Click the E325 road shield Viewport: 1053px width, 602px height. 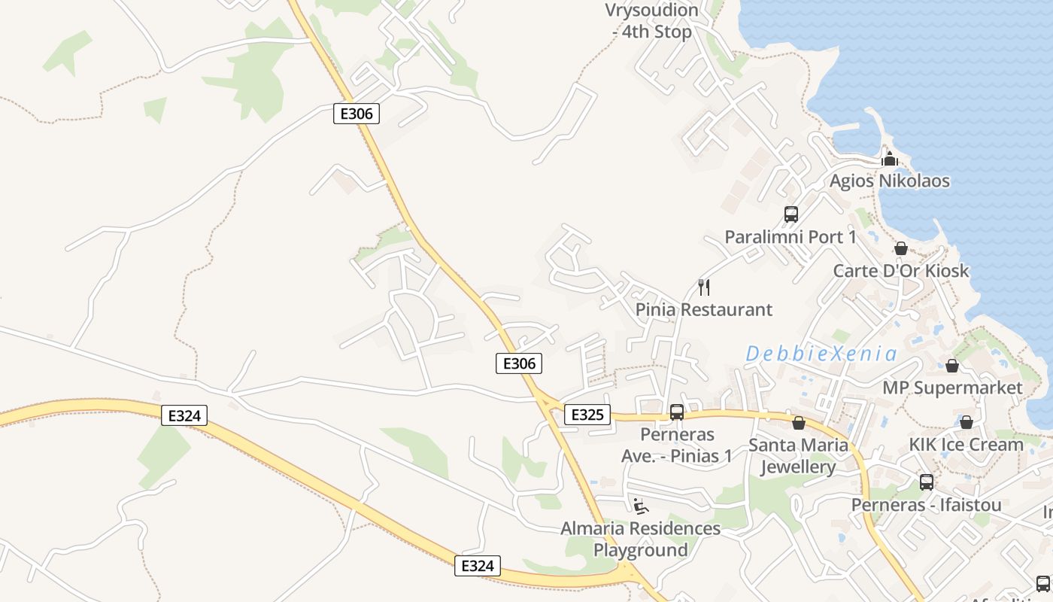(x=587, y=415)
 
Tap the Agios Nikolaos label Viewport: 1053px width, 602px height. (x=889, y=181)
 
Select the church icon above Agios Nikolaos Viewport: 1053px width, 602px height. (x=890, y=159)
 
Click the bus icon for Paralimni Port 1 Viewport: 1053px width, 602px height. (x=791, y=214)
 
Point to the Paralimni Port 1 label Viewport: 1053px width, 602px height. (x=791, y=237)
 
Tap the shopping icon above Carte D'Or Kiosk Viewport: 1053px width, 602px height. (x=900, y=248)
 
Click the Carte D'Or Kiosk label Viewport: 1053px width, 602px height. (x=901, y=271)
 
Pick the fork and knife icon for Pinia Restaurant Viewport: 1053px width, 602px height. (x=704, y=287)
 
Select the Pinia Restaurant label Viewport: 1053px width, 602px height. (x=704, y=309)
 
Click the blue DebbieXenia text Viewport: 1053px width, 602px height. (x=822, y=354)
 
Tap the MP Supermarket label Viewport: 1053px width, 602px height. (x=952, y=388)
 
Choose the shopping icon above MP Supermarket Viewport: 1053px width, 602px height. (x=952, y=366)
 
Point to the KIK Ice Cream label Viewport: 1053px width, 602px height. (x=966, y=444)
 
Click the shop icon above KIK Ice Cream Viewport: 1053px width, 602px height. (x=967, y=422)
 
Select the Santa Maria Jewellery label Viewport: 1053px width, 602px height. (x=798, y=456)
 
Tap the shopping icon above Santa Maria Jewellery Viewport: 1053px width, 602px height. (x=799, y=423)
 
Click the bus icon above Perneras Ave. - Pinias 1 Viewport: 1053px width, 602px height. (x=677, y=412)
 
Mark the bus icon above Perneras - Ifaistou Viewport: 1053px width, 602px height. (x=926, y=482)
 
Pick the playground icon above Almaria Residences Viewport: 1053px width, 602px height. (x=640, y=506)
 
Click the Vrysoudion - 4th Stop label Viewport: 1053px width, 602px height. (x=652, y=21)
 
